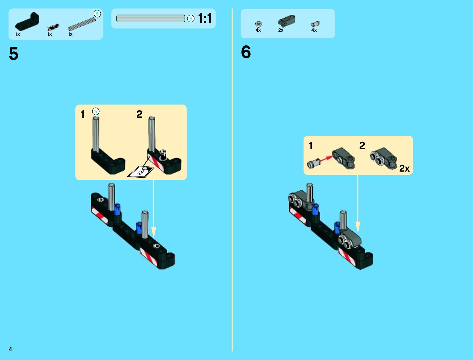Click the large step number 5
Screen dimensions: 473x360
[14, 53]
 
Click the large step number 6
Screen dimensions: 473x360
[246, 52]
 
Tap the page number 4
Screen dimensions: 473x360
[10, 349]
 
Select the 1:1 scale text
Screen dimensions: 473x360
[205, 18]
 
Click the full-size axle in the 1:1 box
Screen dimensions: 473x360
[151, 19]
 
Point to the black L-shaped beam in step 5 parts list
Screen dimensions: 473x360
[27, 22]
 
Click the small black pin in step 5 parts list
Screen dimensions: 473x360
[53, 27]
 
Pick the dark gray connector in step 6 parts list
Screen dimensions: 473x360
[286, 21]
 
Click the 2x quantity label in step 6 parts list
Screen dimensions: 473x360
[281, 30]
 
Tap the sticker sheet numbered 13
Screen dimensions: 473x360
[140, 172]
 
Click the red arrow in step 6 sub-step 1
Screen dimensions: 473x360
[326, 159]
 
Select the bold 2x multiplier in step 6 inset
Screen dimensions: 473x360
[404, 168]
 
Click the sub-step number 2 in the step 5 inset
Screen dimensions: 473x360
[139, 114]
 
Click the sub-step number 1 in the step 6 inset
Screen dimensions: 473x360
[310, 146]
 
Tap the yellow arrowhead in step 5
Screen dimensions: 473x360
[154, 232]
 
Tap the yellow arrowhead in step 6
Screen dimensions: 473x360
[358, 227]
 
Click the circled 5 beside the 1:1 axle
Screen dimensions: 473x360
[191, 19]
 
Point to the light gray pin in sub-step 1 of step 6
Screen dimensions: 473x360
[314, 164]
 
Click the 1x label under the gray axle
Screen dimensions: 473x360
[70, 34]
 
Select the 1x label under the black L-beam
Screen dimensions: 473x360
[18, 34]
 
